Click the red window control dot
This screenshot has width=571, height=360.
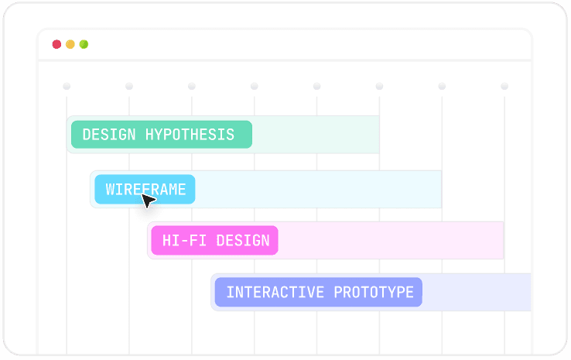[56, 44]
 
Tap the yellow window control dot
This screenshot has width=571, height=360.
[70, 44]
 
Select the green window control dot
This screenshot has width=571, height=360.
[84, 44]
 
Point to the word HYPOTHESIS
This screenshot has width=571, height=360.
[190, 135]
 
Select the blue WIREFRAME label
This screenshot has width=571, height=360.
[145, 189]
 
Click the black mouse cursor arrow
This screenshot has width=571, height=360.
[148, 201]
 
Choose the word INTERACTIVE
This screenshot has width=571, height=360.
[275, 293]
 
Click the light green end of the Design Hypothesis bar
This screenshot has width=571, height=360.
[317, 135]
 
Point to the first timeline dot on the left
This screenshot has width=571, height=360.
[67, 86]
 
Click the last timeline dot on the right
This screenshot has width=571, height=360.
[504, 86]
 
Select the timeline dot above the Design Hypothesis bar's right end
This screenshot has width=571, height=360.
[379, 86]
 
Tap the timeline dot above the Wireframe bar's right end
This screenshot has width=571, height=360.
[442, 86]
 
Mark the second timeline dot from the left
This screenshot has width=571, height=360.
[129, 86]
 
